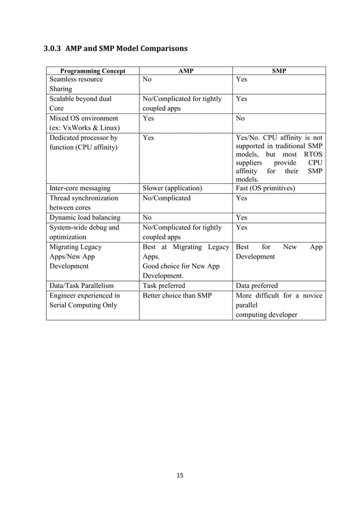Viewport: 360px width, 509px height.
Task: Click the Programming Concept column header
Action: tap(93, 72)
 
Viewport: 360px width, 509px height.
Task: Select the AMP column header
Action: tap(186, 72)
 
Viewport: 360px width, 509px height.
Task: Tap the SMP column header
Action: tap(279, 72)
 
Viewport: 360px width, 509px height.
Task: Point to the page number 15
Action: tap(180, 476)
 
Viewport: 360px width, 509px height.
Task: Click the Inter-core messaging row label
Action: tap(80, 188)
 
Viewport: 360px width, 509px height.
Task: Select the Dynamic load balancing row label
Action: tap(85, 217)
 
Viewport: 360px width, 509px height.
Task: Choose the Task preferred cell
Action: tap(166, 286)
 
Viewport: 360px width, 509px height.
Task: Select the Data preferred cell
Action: tap(257, 286)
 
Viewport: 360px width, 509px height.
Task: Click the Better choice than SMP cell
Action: tap(177, 295)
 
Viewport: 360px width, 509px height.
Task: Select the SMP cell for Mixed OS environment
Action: tap(240, 119)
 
